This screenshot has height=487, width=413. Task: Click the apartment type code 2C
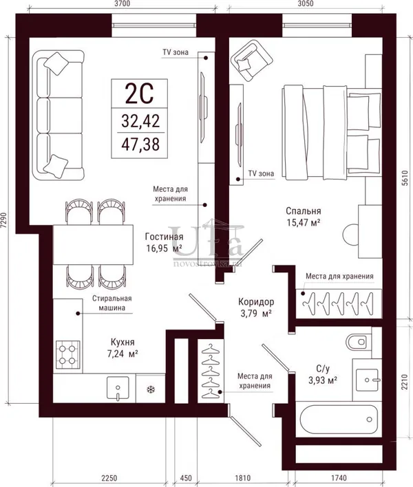pos(139,94)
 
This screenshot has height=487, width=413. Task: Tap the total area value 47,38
pos(140,144)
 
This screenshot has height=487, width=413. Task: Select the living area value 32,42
pos(140,121)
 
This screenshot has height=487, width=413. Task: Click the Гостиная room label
pos(164,237)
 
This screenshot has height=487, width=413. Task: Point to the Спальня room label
pos(304,211)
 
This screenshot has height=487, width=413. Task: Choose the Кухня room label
pos(123,343)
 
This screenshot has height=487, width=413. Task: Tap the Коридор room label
pos(256,301)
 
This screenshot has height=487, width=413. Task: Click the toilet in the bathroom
pos(359,342)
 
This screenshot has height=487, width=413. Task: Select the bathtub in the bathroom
pos(339,420)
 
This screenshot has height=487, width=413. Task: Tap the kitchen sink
pos(118,387)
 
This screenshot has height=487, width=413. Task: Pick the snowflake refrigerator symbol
pos(151,389)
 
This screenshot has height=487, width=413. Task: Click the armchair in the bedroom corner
pos(251,61)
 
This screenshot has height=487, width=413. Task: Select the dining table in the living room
pos(93,245)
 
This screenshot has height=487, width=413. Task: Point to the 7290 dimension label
pos(3,221)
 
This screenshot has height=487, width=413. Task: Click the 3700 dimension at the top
pos(122,3)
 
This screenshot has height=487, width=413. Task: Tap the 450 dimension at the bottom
pos(186,477)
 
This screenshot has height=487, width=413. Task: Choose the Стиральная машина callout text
pos(112,303)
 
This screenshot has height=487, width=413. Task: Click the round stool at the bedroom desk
pos(350,235)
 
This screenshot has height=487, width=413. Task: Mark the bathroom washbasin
pos(367,380)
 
